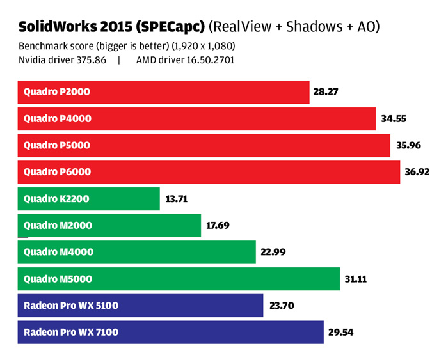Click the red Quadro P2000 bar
click(x=163, y=92)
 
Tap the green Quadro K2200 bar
click(x=88, y=199)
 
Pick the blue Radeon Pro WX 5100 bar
click(x=140, y=306)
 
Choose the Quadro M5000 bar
click(x=179, y=279)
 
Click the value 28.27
click(x=326, y=92)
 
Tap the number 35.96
click(x=408, y=145)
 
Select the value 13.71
click(x=177, y=199)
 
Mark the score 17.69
click(x=218, y=226)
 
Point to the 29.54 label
click(x=341, y=332)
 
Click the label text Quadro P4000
click(x=57, y=119)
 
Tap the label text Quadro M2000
click(x=58, y=226)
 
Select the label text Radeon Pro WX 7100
click(x=70, y=332)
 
